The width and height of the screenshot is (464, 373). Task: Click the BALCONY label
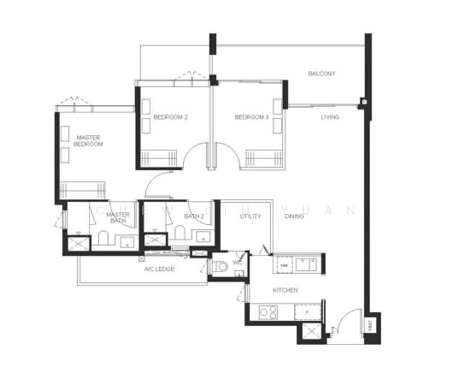point(322,74)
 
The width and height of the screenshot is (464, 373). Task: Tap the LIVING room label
point(330,117)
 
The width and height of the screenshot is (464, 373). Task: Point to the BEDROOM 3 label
point(252,117)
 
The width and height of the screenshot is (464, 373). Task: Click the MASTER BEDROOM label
point(88,140)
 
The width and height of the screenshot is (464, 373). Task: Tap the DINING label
point(294,216)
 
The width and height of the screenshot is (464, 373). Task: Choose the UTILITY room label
point(250,216)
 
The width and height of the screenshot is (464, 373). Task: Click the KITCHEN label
point(286,290)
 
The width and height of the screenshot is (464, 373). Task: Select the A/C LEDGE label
point(159,269)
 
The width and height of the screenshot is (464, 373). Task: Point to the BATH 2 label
point(194,216)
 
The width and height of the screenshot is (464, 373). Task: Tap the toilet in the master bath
point(103,236)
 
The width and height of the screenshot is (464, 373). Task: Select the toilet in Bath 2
point(180,233)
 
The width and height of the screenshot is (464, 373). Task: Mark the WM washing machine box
point(283,265)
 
